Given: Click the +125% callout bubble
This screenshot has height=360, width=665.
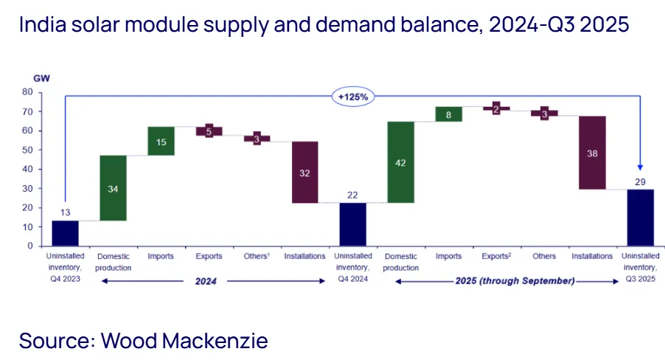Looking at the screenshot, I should (352, 97).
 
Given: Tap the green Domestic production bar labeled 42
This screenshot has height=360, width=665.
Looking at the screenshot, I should (400, 162).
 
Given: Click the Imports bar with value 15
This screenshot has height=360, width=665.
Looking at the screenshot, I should (161, 141).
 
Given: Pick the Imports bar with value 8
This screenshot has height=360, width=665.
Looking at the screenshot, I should (448, 114).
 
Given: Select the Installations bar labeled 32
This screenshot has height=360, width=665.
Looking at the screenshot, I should (304, 172).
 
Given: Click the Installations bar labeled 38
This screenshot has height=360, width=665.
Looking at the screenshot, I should (592, 153).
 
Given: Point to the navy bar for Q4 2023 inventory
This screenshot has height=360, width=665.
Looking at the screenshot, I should (65, 233).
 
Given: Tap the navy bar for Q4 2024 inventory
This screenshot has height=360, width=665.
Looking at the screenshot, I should (352, 224).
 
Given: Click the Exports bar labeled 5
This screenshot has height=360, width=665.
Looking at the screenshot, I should (209, 131).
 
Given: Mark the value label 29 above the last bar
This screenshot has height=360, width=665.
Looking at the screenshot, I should (639, 181).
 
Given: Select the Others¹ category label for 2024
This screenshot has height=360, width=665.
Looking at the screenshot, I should (257, 257).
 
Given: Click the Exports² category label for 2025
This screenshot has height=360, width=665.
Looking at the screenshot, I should (496, 257).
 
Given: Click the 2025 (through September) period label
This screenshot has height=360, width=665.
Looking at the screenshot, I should (513, 281).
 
